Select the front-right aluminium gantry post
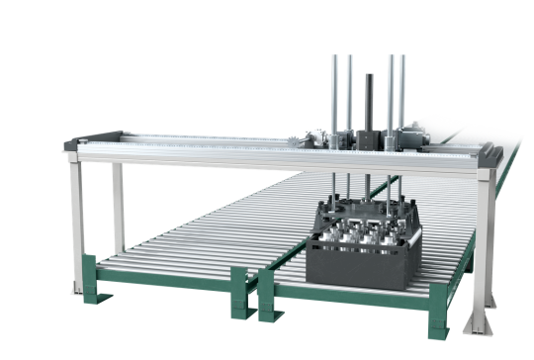pos(483,247)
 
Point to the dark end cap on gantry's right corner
pos(491,155)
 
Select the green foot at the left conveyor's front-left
pos(90,276)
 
